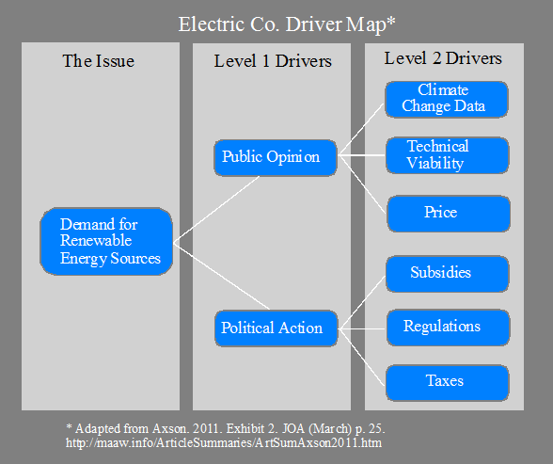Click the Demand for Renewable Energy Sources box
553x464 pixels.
pos(106,241)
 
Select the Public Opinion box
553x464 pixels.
pos(275,158)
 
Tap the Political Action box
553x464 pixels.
pos(276,328)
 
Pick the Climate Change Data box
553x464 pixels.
pos(447,99)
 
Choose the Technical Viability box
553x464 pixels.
pos(448,155)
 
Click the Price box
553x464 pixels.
pos(449,214)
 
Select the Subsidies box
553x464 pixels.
pos(448,274)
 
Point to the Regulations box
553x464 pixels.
pos(449,328)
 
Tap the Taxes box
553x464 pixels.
pos(448,383)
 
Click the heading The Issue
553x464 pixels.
pos(99,61)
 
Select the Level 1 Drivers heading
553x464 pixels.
pos(273,61)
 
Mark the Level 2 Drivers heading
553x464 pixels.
pos(443,58)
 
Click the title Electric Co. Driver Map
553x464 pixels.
pos(286,24)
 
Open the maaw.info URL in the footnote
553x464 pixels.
pos(224,442)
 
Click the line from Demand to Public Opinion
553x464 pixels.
pos(216,210)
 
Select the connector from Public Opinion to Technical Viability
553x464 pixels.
pos(361,155)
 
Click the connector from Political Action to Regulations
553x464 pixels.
pos(362,328)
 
